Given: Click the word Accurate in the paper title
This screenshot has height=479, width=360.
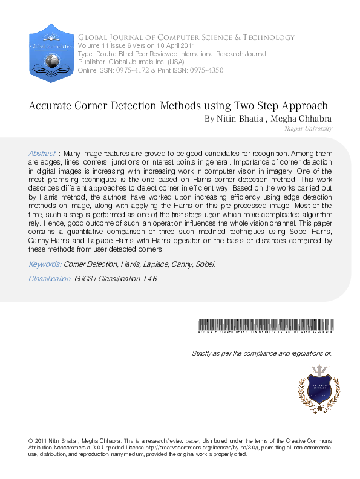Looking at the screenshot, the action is pyautogui.click(x=50, y=106).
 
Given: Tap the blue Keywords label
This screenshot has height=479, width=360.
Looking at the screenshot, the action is pyautogui.click(x=45, y=264).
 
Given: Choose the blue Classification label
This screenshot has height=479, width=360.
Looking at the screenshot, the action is pyautogui.click(x=51, y=278).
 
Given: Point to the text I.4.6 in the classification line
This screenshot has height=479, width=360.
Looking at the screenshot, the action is pyautogui.click(x=149, y=278).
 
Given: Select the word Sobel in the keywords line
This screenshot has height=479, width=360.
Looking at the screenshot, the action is pyautogui.click(x=204, y=264).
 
